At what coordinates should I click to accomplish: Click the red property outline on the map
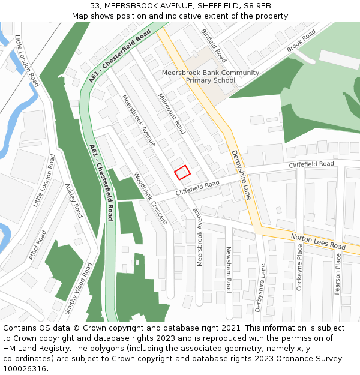point(182,172)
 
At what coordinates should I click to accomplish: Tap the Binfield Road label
point(214,46)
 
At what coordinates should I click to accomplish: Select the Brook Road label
point(301,41)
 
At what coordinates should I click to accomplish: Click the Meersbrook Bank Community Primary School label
point(211,76)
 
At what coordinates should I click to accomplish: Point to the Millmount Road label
point(172,113)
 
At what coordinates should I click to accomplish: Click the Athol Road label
point(37,245)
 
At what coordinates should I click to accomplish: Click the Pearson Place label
point(338,273)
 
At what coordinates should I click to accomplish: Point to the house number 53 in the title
point(95,5)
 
